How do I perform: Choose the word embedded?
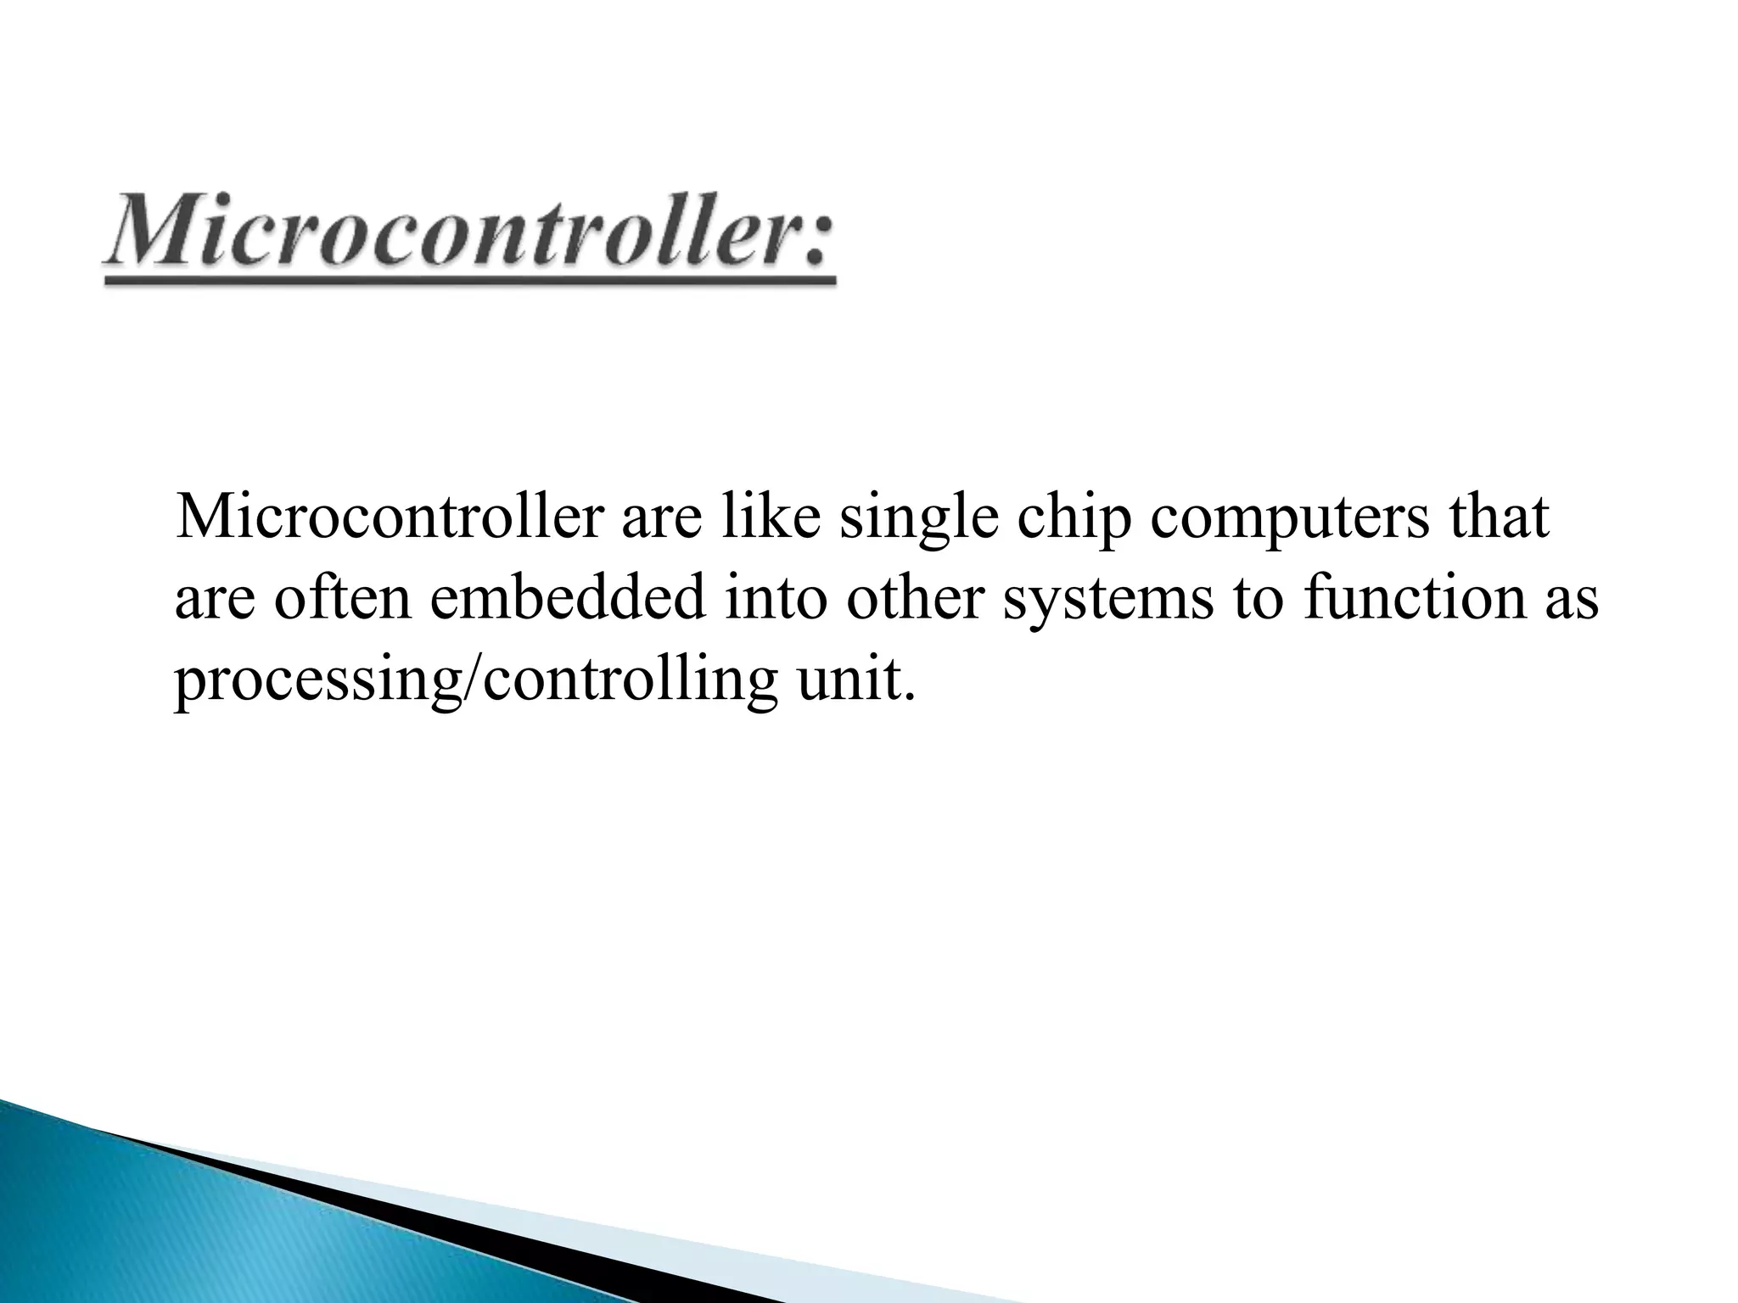(x=569, y=598)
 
